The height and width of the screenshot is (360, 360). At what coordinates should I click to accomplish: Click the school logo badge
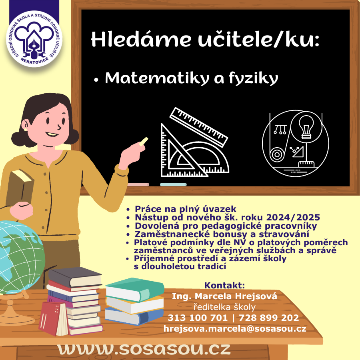coord(34,39)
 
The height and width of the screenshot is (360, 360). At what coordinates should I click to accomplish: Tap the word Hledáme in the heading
coord(141,39)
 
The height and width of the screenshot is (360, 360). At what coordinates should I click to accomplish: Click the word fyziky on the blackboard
coord(254,78)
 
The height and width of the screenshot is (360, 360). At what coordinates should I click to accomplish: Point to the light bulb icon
coord(306,127)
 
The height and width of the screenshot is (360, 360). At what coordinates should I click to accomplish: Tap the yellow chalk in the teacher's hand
coord(144,141)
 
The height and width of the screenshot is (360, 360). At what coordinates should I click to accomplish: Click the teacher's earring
coord(25,130)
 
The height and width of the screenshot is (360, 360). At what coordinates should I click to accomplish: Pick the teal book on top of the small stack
coord(135,289)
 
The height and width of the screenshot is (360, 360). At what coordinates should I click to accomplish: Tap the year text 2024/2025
coord(293,217)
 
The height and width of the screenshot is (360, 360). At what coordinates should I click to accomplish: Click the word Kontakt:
coord(224,285)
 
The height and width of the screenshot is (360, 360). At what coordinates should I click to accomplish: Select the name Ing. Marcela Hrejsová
coord(224,296)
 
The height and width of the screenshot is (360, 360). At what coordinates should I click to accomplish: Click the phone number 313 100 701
coord(198,318)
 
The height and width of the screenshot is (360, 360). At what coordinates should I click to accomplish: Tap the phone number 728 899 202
coord(269,318)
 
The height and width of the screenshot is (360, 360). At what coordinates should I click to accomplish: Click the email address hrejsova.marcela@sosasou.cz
coord(235,328)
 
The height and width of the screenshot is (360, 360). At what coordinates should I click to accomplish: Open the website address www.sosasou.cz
coord(144,349)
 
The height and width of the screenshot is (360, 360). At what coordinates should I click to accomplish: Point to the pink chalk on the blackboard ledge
coord(138,184)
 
